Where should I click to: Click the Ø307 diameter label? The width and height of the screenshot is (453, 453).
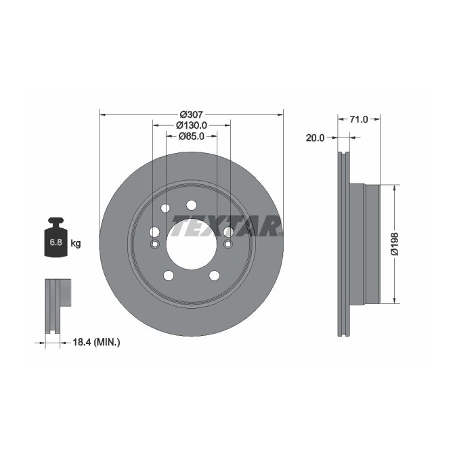tap(191, 114)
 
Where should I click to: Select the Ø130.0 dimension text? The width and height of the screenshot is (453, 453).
tap(191, 125)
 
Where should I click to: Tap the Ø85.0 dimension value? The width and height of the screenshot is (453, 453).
tap(191, 136)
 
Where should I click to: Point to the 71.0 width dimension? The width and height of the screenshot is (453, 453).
tap(358, 119)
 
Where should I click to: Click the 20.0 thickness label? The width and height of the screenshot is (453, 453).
tap(316, 137)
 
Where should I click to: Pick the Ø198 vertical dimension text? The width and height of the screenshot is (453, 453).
tap(395, 244)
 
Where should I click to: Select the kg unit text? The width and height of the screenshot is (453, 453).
tap(76, 244)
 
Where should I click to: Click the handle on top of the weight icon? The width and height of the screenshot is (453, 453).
tap(55, 221)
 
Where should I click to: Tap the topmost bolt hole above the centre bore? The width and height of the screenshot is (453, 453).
tap(191, 205)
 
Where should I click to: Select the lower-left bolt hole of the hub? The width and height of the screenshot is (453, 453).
tap(167, 276)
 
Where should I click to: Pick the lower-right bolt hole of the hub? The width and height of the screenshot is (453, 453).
tap(215, 276)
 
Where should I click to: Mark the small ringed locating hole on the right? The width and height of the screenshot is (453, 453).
tap(228, 244)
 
